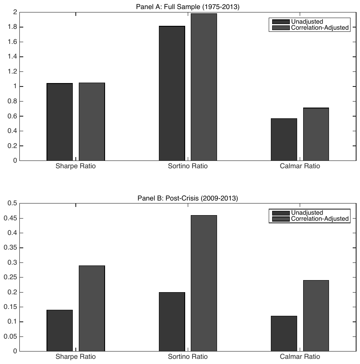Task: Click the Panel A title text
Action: coord(188,7)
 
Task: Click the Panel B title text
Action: coord(188,198)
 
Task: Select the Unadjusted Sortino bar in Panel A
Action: coord(172,93)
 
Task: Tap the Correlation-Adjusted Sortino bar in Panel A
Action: coord(204,87)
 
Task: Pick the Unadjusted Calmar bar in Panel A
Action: coord(284,139)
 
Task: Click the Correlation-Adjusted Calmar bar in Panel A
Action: coord(316,134)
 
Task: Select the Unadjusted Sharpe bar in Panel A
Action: coord(60,122)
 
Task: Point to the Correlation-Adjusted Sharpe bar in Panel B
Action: coord(92,308)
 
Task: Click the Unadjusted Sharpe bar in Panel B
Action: coord(60,330)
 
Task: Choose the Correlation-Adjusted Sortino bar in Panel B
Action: coord(204,283)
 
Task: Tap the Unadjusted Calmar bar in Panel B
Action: coord(284,333)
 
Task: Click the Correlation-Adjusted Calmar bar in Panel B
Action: coord(316,316)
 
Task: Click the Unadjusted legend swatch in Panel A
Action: coord(281,22)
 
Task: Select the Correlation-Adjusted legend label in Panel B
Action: coord(320,219)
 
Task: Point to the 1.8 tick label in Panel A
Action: coord(12,27)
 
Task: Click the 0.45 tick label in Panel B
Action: coord(10,218)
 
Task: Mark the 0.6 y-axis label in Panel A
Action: coord(12,116)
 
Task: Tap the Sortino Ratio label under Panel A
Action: coord(188,166)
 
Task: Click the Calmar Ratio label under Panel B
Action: coord(300,357)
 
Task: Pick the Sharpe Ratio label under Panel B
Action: coord(75,357)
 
